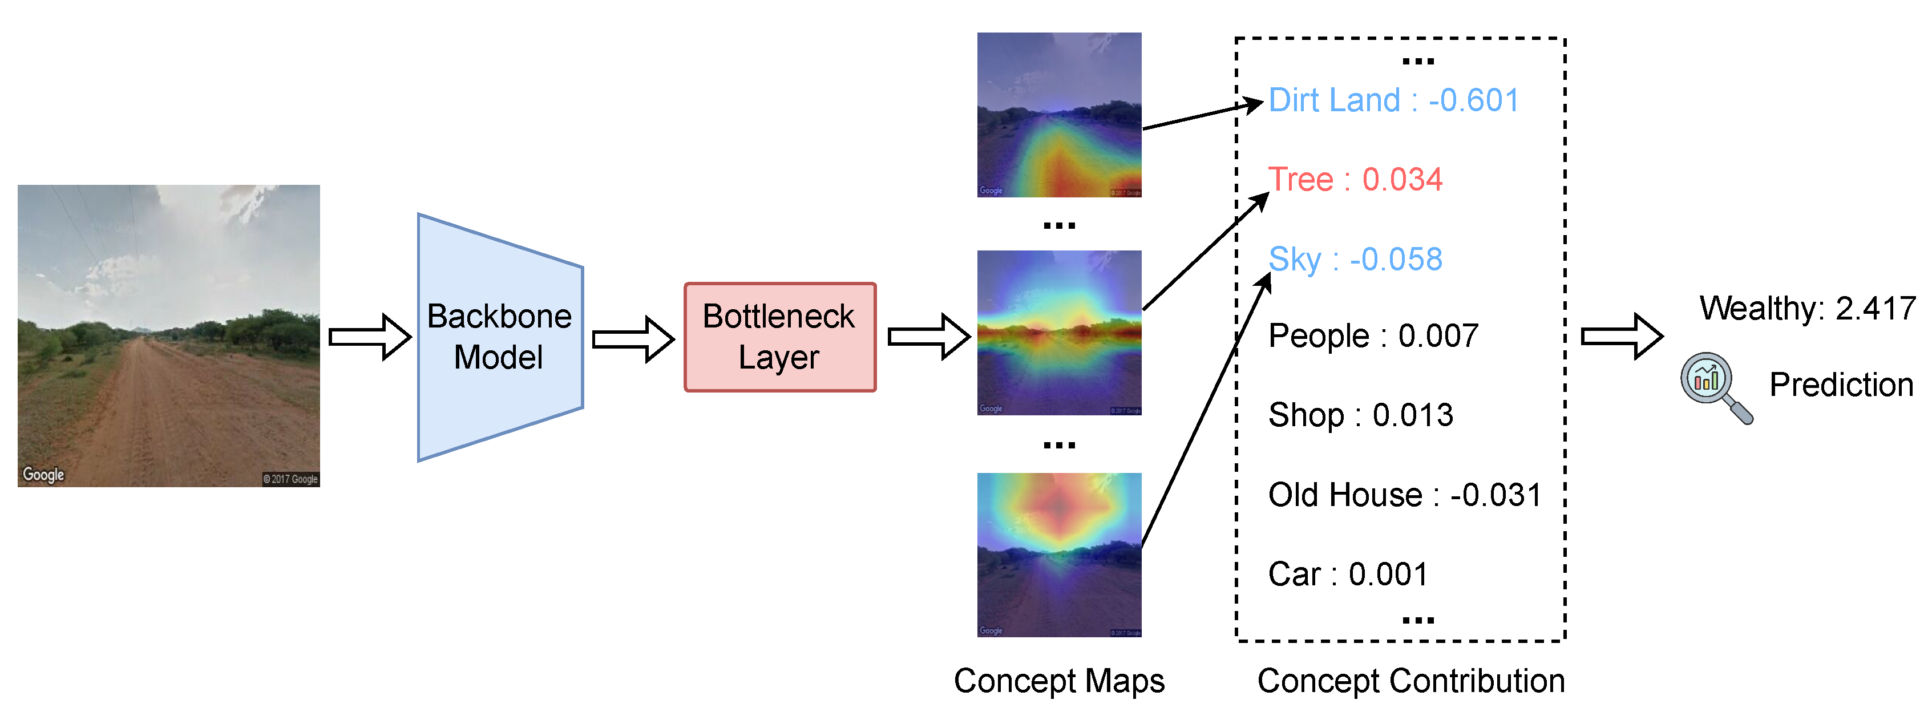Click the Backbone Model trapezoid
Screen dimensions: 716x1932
click(499, 337)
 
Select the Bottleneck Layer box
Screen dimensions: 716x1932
click(779, 337)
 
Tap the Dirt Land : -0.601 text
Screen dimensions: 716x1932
click(1393, 100)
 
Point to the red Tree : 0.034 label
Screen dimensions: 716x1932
click(1355, 180)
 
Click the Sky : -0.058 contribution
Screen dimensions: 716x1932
click(1355, 260)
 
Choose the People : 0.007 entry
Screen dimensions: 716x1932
click(1372, 336)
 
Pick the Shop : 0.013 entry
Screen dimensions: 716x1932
click(1360, 415)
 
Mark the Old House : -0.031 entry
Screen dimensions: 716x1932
click(1404, 495)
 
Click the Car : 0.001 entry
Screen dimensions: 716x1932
click(1348, 575)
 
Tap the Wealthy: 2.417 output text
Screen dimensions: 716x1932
click(1806, 308)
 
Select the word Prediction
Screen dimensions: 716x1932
click(1841, 385)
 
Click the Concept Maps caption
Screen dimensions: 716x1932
click(1058, 681)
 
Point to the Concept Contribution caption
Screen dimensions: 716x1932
click(1410, 681)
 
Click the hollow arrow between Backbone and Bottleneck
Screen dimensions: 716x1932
click(632, 339)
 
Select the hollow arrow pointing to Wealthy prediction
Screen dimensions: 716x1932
click(1621, 337)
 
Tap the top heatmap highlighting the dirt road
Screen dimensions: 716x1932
click(1058, 115)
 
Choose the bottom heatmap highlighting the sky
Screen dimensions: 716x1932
click(1058, 555)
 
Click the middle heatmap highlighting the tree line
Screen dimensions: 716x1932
click(1058, 332)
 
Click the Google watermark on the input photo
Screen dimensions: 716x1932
click(43, 475)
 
